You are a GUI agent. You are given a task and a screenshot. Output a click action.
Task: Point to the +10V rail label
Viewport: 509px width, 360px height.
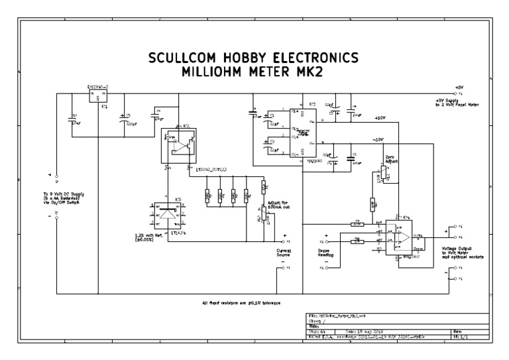[x=379, y=119]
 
